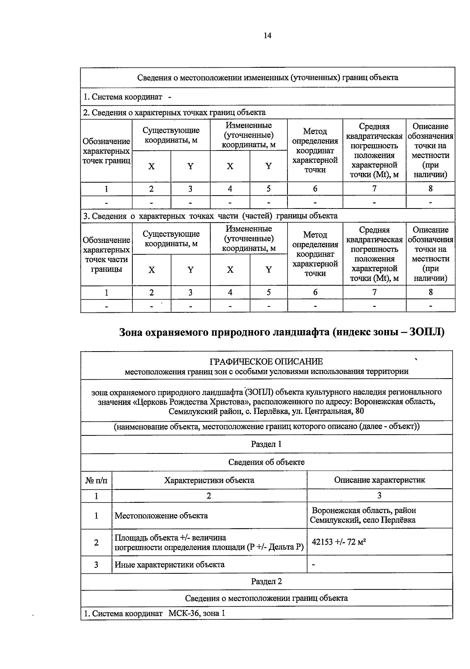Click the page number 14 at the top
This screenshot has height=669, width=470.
[x=268, y=36]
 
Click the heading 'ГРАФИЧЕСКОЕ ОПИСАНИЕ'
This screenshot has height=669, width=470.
[x=266, y=361]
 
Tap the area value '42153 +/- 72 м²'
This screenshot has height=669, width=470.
[x=339, y=542]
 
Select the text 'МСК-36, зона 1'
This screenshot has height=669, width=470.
[x=197, y=613]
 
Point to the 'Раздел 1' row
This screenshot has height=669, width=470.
[x=266, y=444]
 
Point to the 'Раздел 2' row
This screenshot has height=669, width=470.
[x=266, y=581]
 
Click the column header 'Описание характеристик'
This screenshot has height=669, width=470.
[x=379, y=480]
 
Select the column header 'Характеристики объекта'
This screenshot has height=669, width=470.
[x=209, y=480]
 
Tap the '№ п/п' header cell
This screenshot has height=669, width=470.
[x=96, y=480]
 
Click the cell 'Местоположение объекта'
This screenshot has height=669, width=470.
[x=161, y=515]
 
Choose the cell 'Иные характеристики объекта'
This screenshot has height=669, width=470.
[x=170, y=564]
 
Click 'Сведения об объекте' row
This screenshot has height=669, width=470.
[x=266, y=462]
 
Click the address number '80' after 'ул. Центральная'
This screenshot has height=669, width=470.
[x=359, y=411]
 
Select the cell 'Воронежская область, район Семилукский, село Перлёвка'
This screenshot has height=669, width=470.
[x=363, y=515]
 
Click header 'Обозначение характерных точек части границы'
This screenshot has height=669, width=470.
[x=106, y=254]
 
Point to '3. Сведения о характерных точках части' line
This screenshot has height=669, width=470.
[x=210, y=216]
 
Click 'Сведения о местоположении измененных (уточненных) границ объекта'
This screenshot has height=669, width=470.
[x=268, y=77]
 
